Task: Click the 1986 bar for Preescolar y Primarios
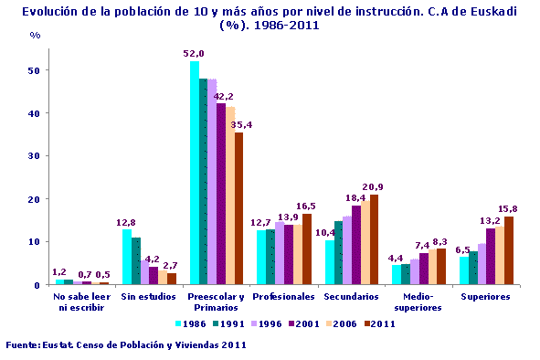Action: tap(194, 174)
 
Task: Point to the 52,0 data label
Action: tap(193, 54)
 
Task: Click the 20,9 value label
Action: tap(373, 186)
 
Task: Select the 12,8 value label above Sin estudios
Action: tap(125, 221)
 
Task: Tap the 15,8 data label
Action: tap(508, 208)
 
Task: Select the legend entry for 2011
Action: tap(381, 323)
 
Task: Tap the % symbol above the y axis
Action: tap(35, 35)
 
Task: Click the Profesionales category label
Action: tap(283, 297)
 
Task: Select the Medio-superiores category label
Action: tap(418, 302)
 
